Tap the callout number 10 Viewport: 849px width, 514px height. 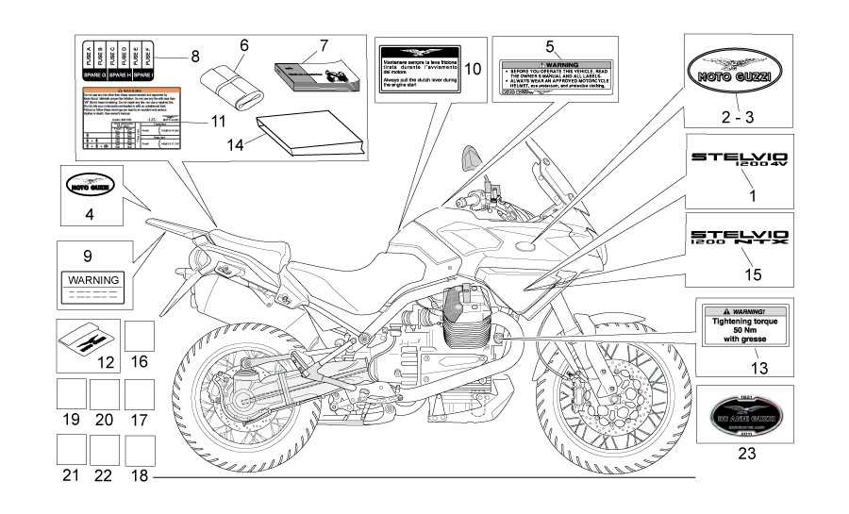[473, 69]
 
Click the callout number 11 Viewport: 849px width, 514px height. [219, 122]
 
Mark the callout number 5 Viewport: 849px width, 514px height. [550, 45]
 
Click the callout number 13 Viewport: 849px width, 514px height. [760, 368]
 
